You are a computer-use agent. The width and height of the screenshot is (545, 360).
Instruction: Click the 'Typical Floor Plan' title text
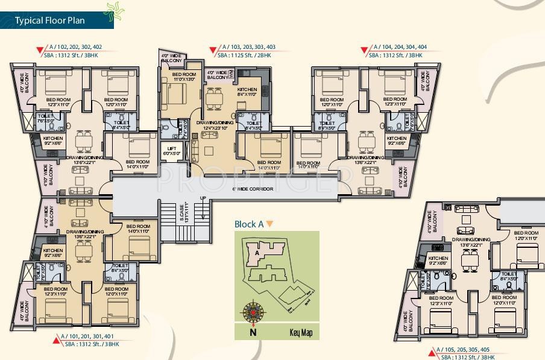pyautogui.click(x=49, y=21)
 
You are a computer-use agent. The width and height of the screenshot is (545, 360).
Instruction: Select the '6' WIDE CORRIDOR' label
pyautogui.click(x=252, y=189)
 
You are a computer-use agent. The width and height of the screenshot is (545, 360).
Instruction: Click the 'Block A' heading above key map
pyautogui.click(x=249, y=224)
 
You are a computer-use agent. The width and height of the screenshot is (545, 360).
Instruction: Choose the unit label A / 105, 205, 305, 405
pyautogui.click(x=464, y=350)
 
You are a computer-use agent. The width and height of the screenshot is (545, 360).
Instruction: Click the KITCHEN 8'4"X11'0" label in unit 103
pyautogui.click(x=247, y=92)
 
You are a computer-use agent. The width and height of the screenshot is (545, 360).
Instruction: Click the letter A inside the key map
pyautogui.click(x=257, y=253)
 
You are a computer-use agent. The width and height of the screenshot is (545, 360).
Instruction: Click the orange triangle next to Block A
pyautogui.click(x=270, y=224)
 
